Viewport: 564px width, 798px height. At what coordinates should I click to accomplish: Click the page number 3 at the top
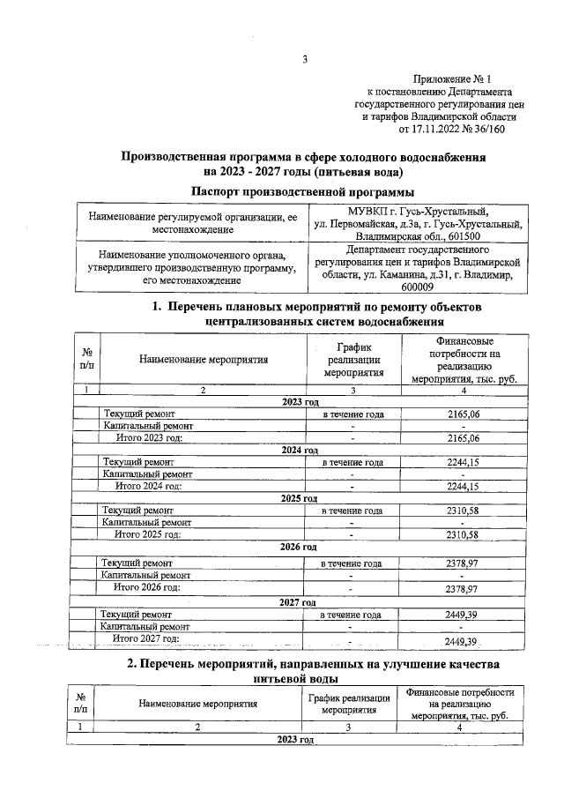tap(304, 60)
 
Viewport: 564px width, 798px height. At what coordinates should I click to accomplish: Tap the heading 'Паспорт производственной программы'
tap(303, 191)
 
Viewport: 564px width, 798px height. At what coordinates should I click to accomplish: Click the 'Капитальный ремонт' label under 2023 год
tap(146, 426)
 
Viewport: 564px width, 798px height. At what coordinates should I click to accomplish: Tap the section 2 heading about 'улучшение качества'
tap(303, 670)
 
